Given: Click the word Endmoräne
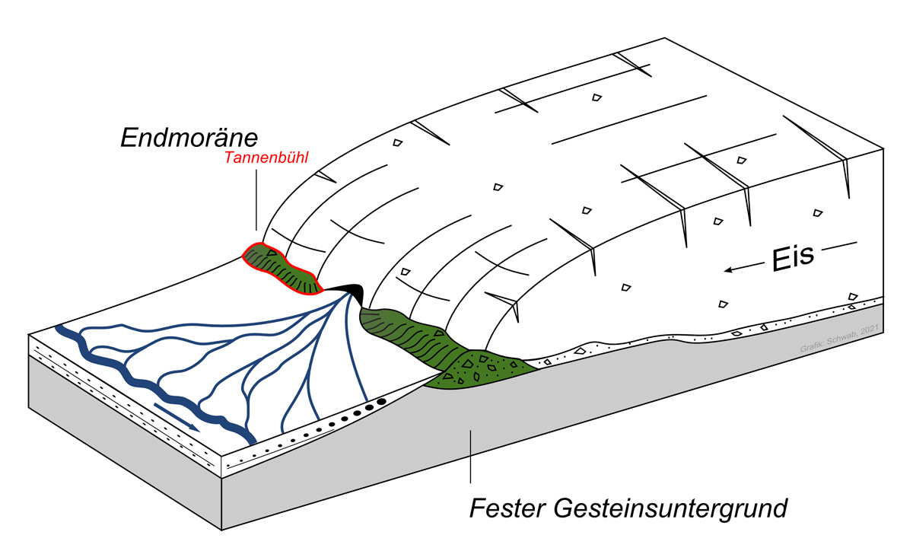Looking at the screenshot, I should (189, 137).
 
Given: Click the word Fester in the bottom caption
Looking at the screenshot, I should (502, 507).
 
